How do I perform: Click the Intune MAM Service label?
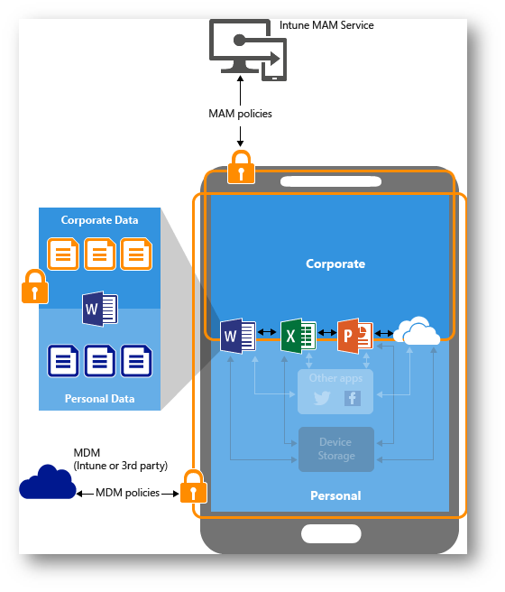326,25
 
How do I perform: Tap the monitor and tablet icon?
248,50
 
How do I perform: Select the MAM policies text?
240,114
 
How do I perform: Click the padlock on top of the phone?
241,167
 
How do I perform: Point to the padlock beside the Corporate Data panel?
34,286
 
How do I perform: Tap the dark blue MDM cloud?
48,482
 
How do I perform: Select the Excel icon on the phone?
298,336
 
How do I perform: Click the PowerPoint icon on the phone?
355,336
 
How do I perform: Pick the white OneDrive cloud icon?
417,331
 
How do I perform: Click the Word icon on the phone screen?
238,336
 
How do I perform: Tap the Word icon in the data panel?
100,309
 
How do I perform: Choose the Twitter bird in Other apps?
322,398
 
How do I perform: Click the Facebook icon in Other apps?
353,398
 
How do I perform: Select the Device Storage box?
336,449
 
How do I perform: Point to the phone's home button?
331,534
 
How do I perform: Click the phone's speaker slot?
331,181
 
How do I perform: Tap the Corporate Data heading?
99,220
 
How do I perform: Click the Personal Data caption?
99,399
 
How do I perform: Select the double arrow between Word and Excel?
267,332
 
